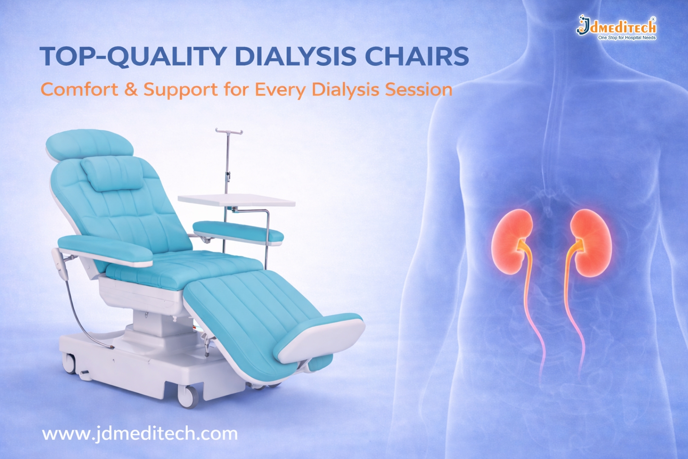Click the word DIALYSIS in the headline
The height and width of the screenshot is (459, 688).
pos(295,57)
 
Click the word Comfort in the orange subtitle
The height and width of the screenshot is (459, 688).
pos(79,90)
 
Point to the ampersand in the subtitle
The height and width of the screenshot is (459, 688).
pos(131,90)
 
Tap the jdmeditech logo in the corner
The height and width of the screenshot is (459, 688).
pos(616,26)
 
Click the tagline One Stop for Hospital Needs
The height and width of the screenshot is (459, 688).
pos(627,38)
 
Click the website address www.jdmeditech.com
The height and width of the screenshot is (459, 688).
pos(140,434)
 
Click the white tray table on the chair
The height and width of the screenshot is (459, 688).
pos(236,200)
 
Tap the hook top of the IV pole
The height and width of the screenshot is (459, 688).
pos(228,131)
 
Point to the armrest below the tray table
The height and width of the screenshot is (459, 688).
pos(238,232)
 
